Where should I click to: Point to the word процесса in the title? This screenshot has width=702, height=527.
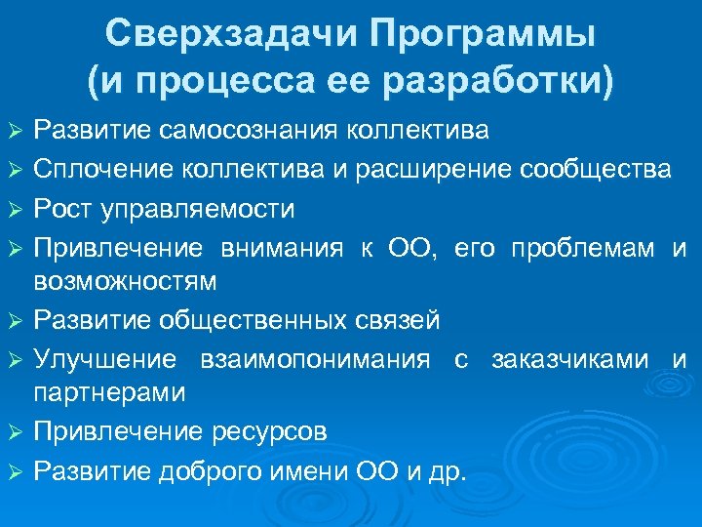coord(231,82)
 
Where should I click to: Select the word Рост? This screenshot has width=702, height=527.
coord(61,209)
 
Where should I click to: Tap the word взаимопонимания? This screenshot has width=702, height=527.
coord(315,359)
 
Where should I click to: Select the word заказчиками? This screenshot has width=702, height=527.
coord(569,359)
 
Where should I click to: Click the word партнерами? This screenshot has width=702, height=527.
coord(109,391)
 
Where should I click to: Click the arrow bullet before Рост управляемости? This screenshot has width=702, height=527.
coord(14,210)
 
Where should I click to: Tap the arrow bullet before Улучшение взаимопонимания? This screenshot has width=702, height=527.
coord(14,360)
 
